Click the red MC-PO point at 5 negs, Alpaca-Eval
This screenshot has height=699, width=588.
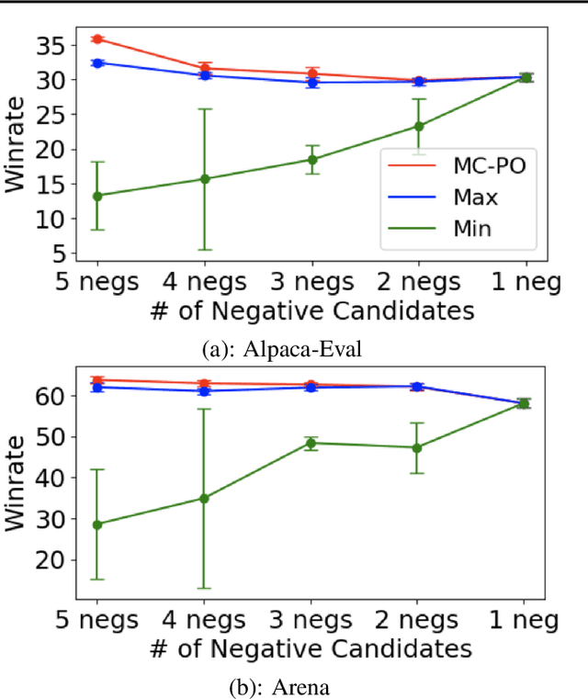97,39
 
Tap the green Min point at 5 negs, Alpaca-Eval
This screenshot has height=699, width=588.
97,196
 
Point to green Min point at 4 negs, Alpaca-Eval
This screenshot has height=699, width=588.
204,179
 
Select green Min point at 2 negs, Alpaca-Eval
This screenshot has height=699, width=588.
418,126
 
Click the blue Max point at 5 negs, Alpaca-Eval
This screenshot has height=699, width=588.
97,62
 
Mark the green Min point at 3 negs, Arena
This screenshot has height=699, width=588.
311,443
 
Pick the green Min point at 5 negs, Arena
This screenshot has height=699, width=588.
97,524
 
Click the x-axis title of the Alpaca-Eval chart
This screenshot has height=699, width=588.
311,311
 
